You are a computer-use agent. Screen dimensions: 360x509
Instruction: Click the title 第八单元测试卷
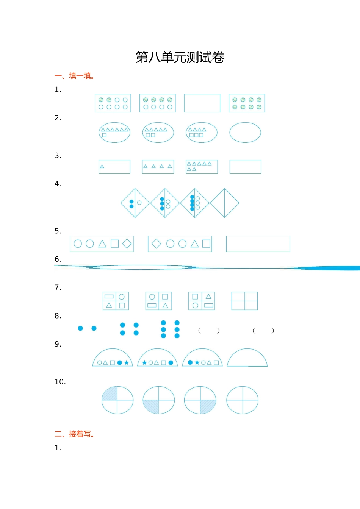pyautogui.click(x=180, y=57)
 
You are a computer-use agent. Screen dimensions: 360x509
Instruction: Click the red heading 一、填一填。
pyautogui.click(x=75, y=76)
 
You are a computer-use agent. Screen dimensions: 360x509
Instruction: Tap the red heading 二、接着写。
pyautogui.click(x=75, y=434)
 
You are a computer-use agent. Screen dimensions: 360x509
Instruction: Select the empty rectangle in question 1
pyautogui.click(x=202, y=94)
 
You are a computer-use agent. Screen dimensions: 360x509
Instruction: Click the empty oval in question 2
pyautogui.click(x=245, y=123)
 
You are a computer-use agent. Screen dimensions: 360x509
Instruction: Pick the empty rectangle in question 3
pyautogui.click(x=246, y=160)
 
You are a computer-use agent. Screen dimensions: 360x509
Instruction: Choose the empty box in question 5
pyautogui.click(x=258, y=252)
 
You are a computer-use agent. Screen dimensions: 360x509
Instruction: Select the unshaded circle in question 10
pyautogui.click(x=243, y=387)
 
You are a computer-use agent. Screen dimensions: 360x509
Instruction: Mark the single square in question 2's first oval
pyautogui.click(x=104, y=135)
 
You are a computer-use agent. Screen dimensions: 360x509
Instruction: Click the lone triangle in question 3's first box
pyautogui.click(x=102, y=167)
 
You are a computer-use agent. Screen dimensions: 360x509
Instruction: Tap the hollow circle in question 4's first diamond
pyautogui.click(x=139, y=203)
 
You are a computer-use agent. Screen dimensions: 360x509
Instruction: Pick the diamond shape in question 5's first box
pyautogui.click(x=127, y=244)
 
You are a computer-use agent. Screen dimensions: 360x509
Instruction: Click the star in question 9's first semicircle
pyautogui.click(x=127, y=363)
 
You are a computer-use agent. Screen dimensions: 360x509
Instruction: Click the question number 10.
pyautogui.click(x=60, y=382)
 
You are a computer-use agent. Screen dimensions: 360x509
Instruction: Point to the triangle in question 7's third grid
pyautogui.click(x=208, y=297)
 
